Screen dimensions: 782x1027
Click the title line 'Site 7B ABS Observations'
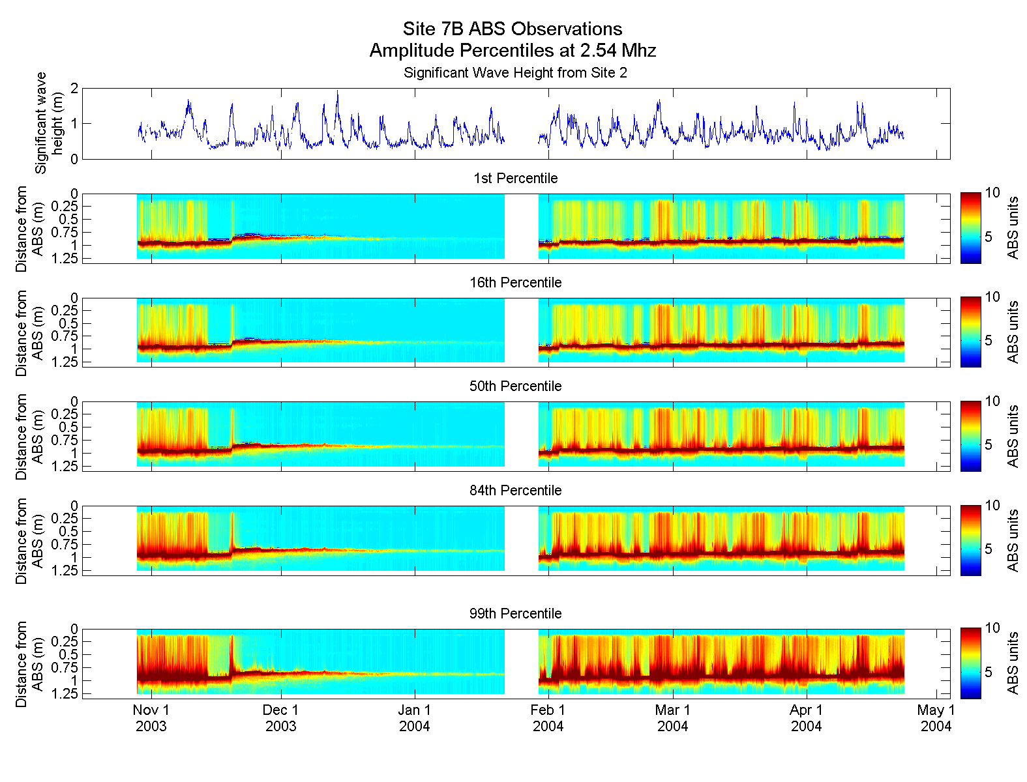(513, 29)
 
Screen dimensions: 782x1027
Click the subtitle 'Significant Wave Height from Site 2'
(515, 73)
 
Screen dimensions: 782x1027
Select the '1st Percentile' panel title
(515, 179)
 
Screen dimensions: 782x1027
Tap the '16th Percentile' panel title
(515, 283)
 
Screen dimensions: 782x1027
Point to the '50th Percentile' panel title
(515, 386)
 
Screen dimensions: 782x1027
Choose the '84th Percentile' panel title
(515, 491)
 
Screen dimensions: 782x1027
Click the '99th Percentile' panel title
(515, 614)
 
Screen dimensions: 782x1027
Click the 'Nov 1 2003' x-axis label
(151, 718)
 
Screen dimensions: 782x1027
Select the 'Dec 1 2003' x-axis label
(281, 718)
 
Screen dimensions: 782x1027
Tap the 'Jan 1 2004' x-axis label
(415, 718)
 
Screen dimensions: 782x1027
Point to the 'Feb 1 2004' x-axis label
(548, 718)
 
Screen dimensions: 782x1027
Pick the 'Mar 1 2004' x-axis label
(672, 718)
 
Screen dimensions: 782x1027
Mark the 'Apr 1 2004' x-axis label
(807, 718)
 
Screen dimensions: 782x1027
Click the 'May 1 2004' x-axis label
(936, 718)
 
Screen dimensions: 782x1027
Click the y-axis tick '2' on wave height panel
(74, 88)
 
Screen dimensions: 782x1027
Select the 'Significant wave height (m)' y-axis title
(50, 123)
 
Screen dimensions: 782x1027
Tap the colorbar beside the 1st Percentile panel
(970, 228)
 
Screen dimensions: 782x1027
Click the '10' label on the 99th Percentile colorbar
(992, 628)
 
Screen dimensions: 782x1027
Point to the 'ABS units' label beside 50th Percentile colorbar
(1013, 437)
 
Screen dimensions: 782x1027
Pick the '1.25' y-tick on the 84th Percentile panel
(65, 571)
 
